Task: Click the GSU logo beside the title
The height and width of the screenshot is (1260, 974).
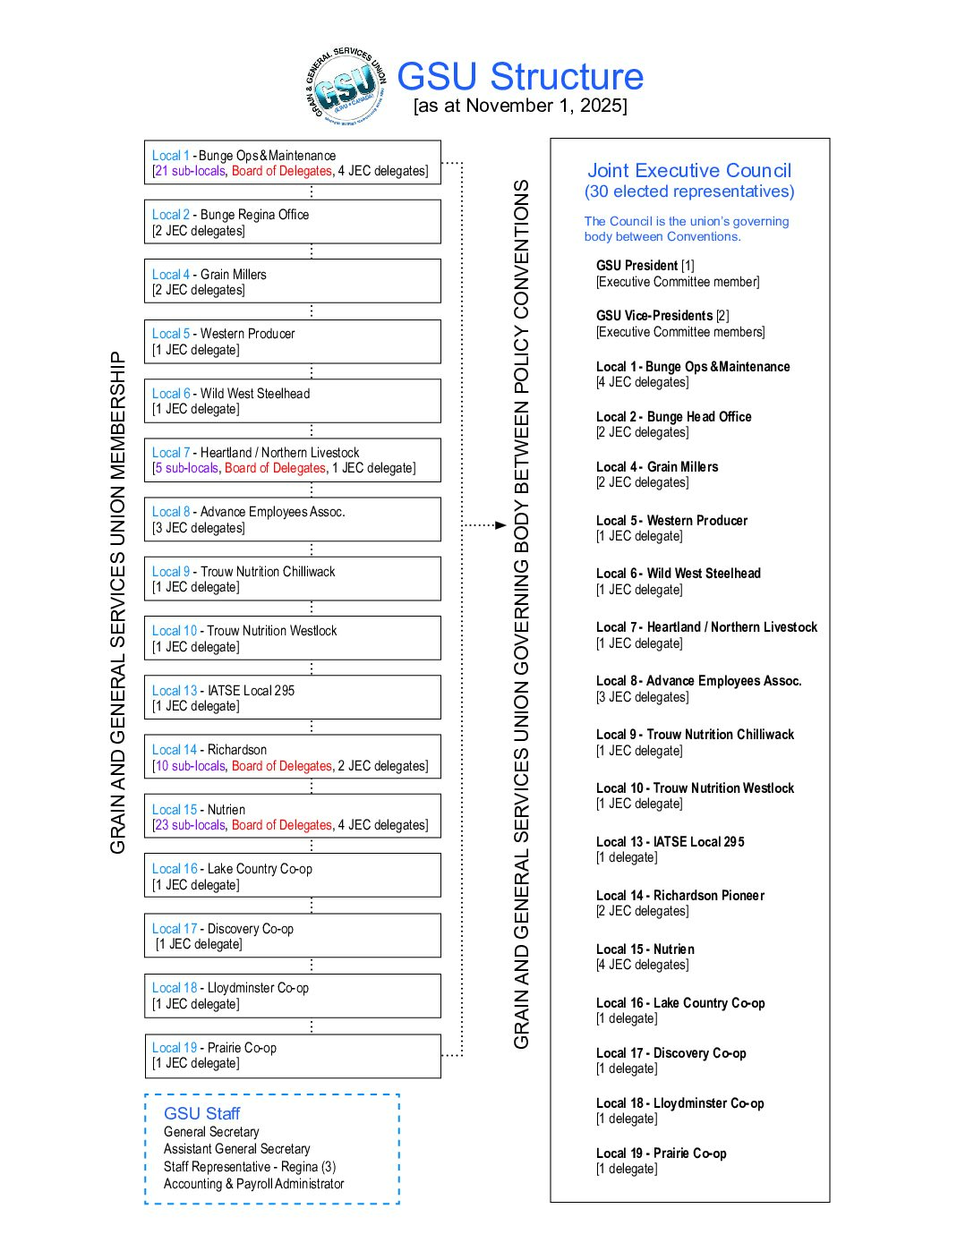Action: coord(345,87)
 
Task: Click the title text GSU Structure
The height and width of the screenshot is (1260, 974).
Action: coord(520,77)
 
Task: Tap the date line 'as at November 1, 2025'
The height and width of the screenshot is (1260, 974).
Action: coord(520,106)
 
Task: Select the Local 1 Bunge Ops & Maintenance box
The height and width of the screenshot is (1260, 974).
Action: coord(292,163)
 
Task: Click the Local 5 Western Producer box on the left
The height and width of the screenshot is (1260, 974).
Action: coord(292,342)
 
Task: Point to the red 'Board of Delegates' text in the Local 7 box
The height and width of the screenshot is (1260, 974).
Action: coord(275,468)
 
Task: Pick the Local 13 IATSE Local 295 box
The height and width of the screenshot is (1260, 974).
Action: coord(292,698)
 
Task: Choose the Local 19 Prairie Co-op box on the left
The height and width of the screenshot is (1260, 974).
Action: coord(292,1056)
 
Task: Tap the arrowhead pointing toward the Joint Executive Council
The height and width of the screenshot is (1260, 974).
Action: coord(500,525)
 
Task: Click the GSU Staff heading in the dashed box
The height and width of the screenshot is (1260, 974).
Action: coord(201,1113)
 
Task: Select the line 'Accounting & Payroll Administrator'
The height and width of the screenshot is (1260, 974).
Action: coord(253,1184)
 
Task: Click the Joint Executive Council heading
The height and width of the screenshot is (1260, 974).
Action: coord(689,170)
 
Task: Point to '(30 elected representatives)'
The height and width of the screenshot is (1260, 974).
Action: coord(689,192)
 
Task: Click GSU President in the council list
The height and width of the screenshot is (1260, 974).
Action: coord(637,266)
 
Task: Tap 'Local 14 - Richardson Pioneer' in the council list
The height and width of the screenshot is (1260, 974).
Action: coord(680,896)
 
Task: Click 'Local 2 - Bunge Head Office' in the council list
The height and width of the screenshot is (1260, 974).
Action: coord(674,417)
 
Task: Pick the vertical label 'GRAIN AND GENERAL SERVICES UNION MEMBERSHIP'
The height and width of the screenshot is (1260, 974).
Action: coord(117,602)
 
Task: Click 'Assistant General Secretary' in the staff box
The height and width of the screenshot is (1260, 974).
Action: coord(236,1149)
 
